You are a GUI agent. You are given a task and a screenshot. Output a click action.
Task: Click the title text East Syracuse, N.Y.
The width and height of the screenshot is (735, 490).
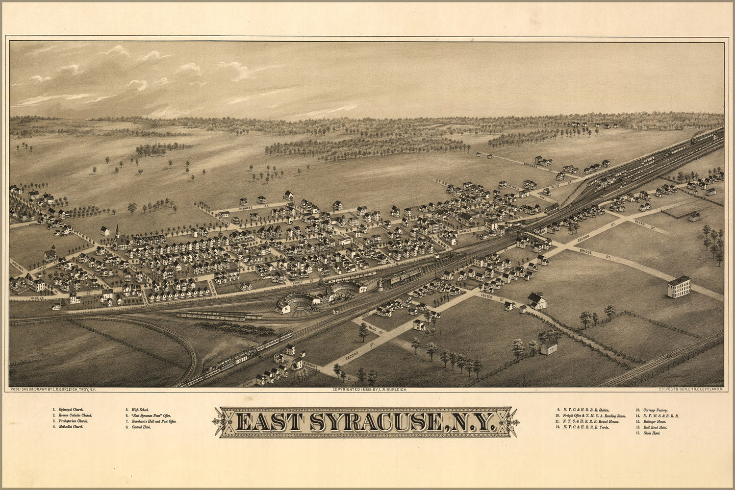coord(363,422)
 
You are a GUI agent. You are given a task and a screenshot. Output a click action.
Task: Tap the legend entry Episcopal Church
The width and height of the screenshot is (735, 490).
coord(71,409)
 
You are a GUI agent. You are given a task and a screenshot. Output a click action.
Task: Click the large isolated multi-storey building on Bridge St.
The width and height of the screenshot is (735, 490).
coord(679,287)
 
